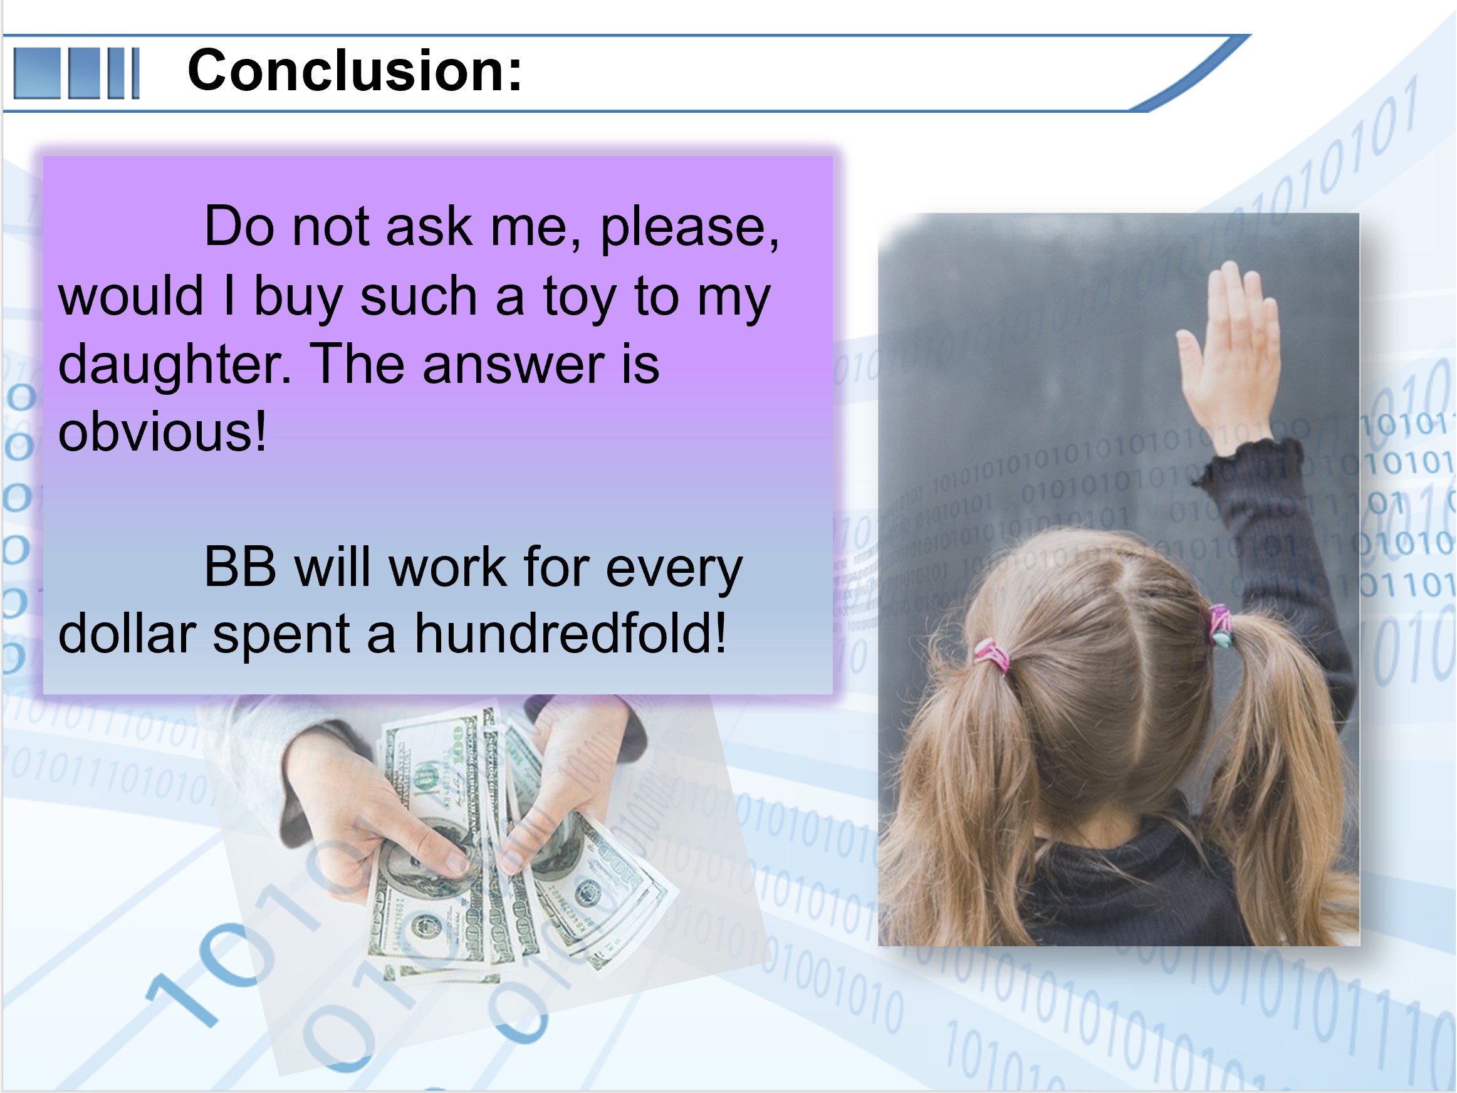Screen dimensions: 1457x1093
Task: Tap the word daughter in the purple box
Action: (x=175, y=366)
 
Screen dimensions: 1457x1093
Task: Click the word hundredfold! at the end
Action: (x=570, y=633)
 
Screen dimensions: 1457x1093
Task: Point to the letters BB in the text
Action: (x=241, y=567)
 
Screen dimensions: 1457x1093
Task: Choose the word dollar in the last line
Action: (x=127, y=633)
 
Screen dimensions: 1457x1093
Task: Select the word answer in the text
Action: (x=513, y=365)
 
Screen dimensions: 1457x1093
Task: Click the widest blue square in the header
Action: (x=37, y=73)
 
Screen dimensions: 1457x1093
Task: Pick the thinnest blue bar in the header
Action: (x=136, y=73)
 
